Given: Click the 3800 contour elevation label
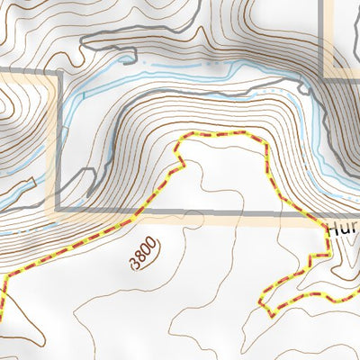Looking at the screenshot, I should (144, 253).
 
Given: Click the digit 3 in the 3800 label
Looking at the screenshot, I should (136, 262).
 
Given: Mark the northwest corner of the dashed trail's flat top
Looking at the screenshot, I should (187, 135).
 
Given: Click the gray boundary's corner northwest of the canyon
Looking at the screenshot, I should (58, 71).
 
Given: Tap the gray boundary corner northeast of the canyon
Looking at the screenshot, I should (322, 79).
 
